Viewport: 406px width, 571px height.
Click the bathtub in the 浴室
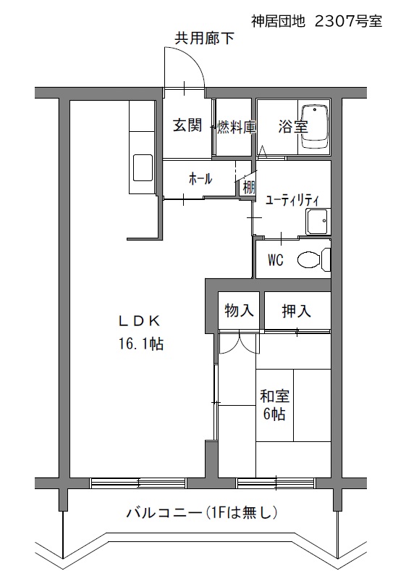[315, 127]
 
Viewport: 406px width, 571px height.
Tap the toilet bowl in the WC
[309, 260]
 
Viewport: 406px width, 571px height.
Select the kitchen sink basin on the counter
[143, 167]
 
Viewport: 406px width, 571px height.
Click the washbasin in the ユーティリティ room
[318, 222]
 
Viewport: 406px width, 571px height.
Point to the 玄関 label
[187, 125]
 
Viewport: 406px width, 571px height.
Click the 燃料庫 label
[236, 127]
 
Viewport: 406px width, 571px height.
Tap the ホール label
[200, 178]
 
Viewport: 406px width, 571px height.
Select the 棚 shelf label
[249, 188]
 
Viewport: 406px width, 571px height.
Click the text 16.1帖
[141, 343]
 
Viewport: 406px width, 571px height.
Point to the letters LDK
[140, 321]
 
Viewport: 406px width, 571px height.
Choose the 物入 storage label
[239, 311]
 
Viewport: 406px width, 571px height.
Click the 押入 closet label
[297, 311]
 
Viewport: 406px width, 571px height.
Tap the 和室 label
[275, 396]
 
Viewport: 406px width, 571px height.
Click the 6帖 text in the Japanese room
[274, 414]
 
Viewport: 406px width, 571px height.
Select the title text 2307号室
[348, 22]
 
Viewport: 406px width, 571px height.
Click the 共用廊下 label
[205, 38]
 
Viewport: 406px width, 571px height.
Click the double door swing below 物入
[240, 343]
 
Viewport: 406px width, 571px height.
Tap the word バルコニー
[164, 513]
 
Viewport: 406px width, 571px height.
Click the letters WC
[276, 260]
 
